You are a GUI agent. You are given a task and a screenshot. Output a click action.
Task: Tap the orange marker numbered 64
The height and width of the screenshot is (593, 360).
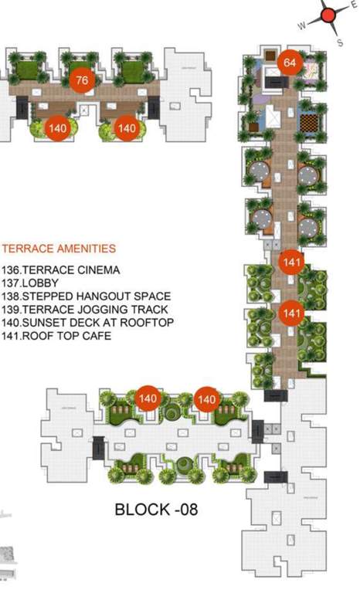290,63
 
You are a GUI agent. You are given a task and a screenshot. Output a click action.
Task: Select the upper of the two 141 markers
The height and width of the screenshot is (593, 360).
291,263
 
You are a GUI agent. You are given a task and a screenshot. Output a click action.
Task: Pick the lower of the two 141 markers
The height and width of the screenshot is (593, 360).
291,313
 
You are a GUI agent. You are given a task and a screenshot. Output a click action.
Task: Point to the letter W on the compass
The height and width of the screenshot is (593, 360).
302,25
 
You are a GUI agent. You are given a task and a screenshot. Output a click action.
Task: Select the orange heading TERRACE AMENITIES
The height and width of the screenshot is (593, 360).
59,249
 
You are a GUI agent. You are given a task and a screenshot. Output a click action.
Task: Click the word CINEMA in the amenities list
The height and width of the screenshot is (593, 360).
99,270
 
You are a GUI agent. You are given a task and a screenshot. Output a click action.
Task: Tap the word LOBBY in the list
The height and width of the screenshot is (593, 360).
41,283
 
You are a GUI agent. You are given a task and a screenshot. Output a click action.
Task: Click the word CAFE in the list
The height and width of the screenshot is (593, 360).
99,336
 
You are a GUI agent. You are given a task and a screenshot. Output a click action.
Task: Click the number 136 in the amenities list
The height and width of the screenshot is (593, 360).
12,270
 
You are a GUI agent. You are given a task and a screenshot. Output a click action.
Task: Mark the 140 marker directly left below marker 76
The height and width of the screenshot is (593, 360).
57,128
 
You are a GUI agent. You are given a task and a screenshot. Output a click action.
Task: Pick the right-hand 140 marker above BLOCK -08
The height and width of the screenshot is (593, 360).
206,399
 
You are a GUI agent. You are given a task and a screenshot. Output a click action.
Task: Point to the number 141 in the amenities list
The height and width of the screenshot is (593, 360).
12,336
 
